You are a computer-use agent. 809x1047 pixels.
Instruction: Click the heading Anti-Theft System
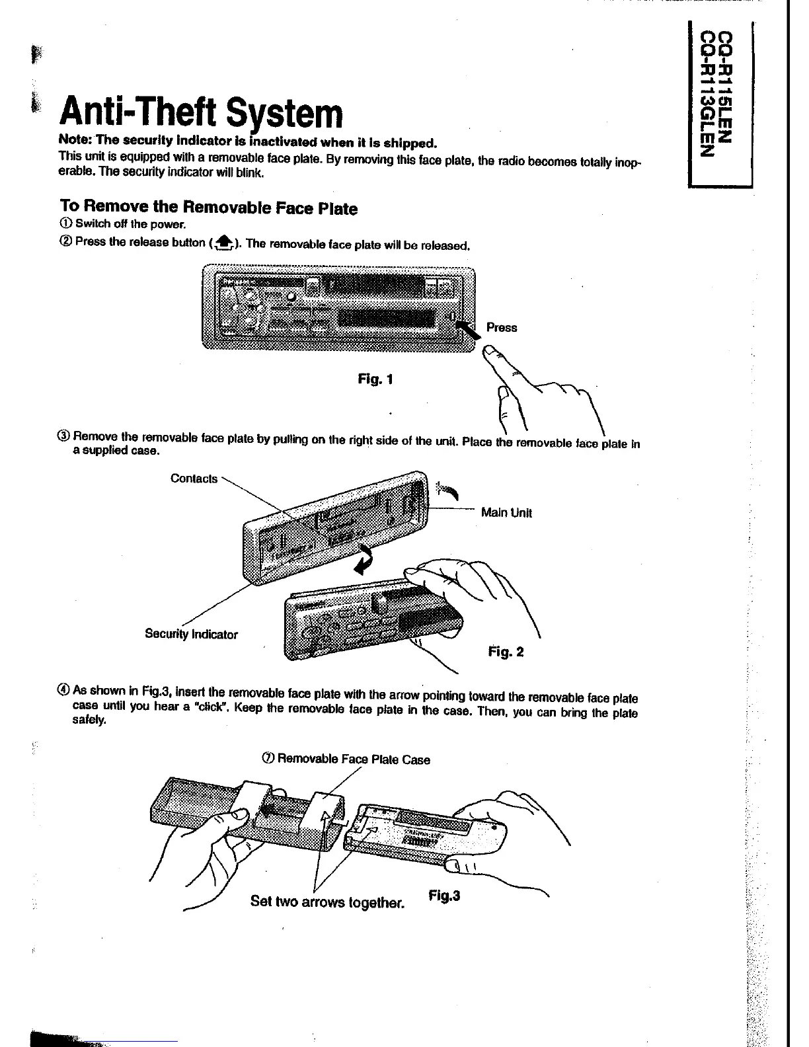pyautogui.click(x=202, y=114)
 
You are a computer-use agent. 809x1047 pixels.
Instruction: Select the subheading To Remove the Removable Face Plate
pyautogui.click(x=208, y=208)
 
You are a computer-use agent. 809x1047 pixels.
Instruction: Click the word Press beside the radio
pyautogui.click(x=502, y=327)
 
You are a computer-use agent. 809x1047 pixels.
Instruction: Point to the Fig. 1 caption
pyautogui.click(x=375, y=379)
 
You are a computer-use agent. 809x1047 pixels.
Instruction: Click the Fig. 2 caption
pyautogui.click(x=506, y=652)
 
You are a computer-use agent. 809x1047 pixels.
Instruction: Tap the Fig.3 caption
pyautogui.click(x=444, y=896)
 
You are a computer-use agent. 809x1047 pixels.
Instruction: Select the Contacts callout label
pyautogui.click(x=194, y=479)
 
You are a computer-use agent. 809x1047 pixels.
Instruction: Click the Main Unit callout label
pyautogui.click(x=506, y=512)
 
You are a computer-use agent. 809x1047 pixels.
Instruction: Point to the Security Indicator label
pyautogui.click(x=191, y=635)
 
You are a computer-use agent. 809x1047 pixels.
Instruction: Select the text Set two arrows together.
pyautogui.click(x=327, y=902)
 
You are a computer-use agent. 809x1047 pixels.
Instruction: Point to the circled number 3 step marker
pyautogui.click(x=63, y=437)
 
